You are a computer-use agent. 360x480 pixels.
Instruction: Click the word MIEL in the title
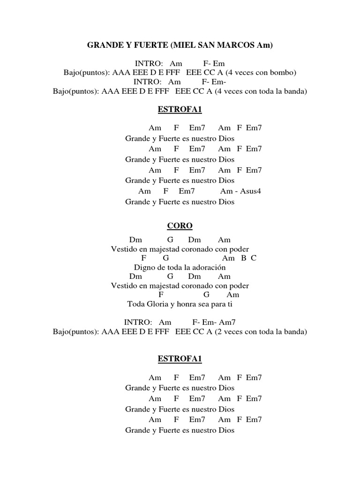pos(186,45)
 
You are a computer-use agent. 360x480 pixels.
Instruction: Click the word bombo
pos(283,73)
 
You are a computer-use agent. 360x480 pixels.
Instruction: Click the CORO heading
pos(180,226)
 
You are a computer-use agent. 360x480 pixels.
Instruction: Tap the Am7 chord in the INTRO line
pos(227,322)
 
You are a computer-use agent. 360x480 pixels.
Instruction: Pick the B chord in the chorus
pos(244,258)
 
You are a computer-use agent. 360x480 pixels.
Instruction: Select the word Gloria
pos(158,304)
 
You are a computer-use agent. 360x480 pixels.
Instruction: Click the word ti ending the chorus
pos(230,304)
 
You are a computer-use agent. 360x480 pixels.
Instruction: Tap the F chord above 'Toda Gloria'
pos(161,294)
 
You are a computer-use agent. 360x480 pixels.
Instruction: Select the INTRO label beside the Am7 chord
pos(138,322)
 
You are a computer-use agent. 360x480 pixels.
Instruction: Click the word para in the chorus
pos(217,304)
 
